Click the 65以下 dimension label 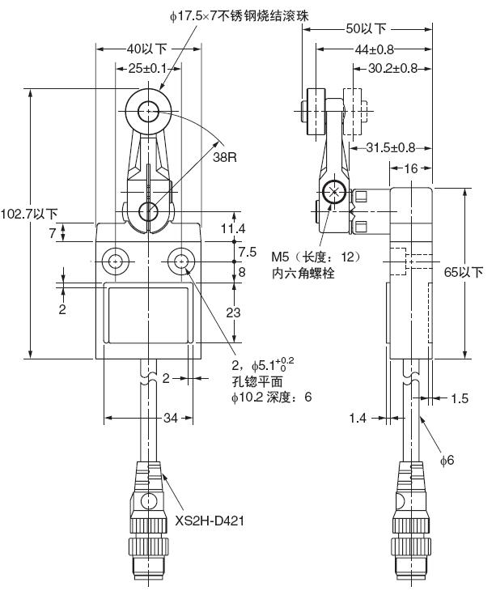pos(464,272)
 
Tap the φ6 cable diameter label pos(447,460)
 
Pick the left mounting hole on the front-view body pos(115,261)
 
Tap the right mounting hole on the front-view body pos(180,261)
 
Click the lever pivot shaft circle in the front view pos(149,211)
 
